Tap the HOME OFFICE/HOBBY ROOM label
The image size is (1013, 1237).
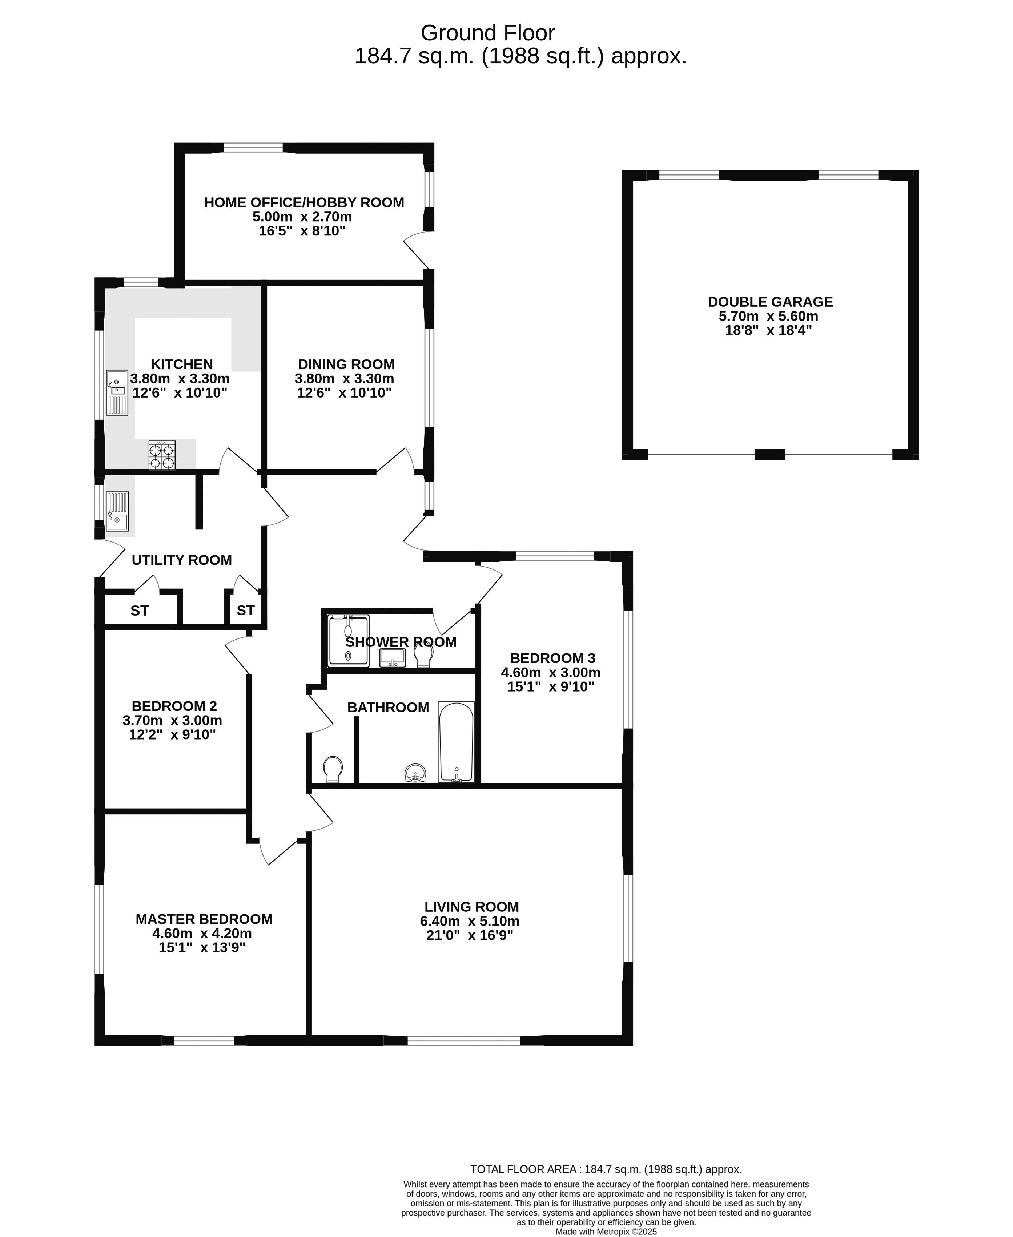[x=304, y=202]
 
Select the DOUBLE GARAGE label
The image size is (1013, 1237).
[x=770, y=302]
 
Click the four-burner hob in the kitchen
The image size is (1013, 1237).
[x=162, y=455]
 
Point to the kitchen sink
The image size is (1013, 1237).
[x=117, y=393]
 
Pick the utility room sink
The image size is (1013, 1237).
[x=117, y=511]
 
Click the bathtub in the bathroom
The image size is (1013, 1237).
[x=456, y=742]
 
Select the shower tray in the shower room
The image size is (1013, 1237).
[x=349, y=640]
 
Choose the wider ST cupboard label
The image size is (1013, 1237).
[x=140, y=611]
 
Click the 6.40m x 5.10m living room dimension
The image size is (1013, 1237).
[x=470, y=921]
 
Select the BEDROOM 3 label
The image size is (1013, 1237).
[x=552, y=658]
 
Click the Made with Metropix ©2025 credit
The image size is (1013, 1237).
[x=606, y=1232]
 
